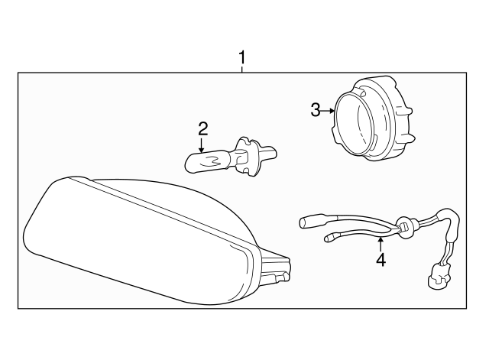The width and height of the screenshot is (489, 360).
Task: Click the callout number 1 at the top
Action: (242, 57)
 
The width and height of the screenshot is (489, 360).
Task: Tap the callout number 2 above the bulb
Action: (202, 127)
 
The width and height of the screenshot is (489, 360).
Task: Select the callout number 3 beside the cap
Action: (316, 111)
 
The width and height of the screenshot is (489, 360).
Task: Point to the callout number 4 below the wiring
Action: (381, 259)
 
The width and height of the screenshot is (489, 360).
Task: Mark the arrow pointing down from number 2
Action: (202, 145)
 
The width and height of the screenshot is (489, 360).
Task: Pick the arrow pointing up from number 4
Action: (381, 242)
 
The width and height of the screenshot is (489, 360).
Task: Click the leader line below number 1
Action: (242, 69)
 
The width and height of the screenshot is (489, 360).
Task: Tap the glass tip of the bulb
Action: (192, 162)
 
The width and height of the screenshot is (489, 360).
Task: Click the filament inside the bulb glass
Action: (214, 160)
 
